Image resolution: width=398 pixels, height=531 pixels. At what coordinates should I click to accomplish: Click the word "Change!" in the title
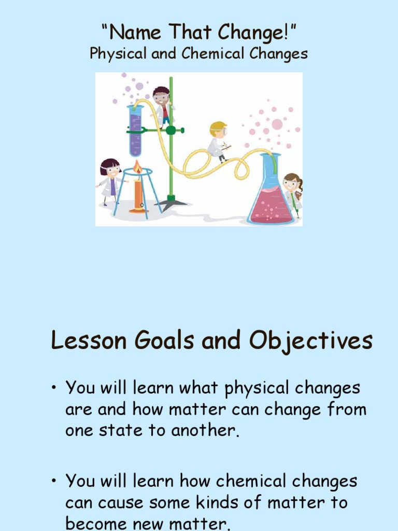pyautogui.click(x=257, y=34)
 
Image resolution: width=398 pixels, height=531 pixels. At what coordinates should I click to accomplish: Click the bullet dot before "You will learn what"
pyautogui.click(x=54, y=388)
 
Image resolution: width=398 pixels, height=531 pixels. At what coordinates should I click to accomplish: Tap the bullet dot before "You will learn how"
pyautogui.click(x=54, y=481)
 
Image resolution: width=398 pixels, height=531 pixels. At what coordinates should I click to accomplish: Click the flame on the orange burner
pyautogui.click(x=137, y=167)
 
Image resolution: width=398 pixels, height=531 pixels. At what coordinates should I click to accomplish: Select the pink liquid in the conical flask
pyautogui.click(x=271, y=205)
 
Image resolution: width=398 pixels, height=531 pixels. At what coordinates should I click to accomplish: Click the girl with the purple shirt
pyautogui.click(x=110, y=179)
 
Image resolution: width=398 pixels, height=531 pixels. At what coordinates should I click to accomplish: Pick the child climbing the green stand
pyautogui.click(x=162, y=106)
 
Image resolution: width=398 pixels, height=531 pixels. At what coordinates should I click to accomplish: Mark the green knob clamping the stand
pyautogui.click(x=171, y=130)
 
